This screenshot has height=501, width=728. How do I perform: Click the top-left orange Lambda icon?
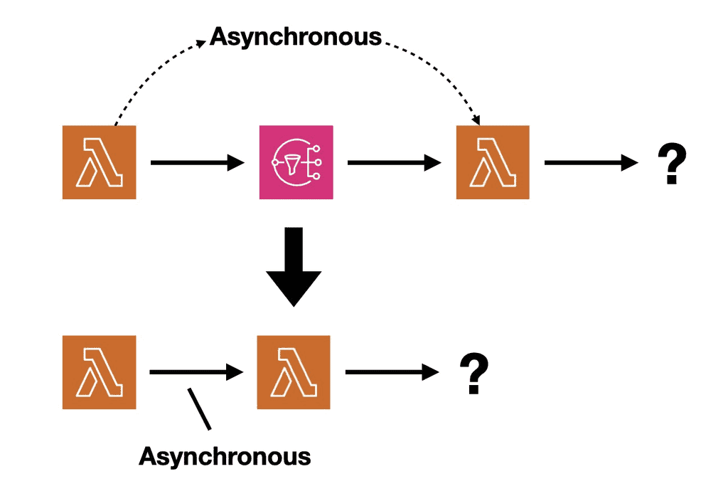(x=99, y=162)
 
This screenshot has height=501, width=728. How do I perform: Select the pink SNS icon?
(x=296, y=162)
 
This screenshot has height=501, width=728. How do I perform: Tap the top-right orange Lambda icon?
(x=492, y=162)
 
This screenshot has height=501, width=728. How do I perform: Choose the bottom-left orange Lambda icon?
(x=99, y=372)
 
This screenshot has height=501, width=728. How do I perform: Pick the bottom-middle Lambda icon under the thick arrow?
(x=294, y=372)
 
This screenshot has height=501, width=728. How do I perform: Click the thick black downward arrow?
(x=294, y=267)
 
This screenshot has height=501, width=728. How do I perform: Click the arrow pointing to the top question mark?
(x=590, y=163)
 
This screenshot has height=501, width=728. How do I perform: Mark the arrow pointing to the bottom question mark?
(x=391, y=371)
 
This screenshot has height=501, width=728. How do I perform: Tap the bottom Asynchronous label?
(x=225, y=455)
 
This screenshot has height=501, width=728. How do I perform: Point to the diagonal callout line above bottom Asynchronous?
(x=198, y=408)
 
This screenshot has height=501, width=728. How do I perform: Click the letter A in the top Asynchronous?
(x=220, y=36)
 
